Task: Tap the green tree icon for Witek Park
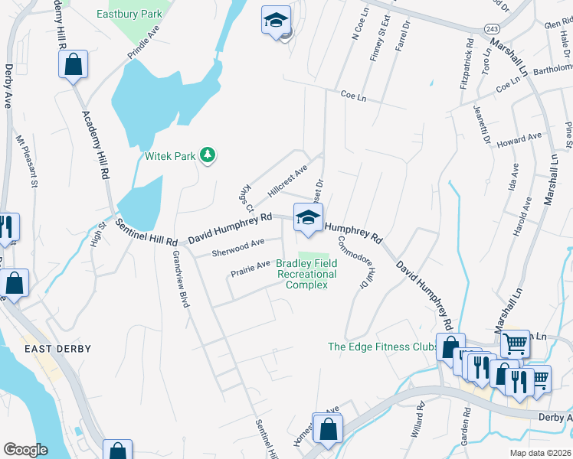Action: point(207,156)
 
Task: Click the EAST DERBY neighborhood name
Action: point(57,349)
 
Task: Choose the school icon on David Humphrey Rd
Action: point(308,217)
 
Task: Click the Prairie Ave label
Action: point(250,265)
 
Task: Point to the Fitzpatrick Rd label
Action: point(461,73)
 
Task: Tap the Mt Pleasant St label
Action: point(26,161)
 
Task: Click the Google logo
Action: point(25,450)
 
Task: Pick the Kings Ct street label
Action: point(245,198)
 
